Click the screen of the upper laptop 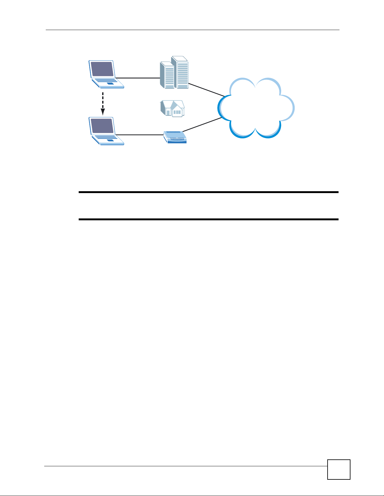[102, 69]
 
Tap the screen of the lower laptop [102, 125]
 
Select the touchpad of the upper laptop [110, 84]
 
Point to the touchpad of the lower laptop [110, 140]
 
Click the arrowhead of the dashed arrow [102, 112]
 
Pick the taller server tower [181, 72]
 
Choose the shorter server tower [167, 75]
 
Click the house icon [172, 109]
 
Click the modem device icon [175, 137]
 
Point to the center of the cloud [255, 108]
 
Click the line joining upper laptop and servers [138, 78]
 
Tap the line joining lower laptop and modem [139, 135]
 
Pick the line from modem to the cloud [202, 125]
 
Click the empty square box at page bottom [339, 469]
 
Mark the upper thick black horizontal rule [208, 192]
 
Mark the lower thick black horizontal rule [208, 219]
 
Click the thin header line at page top [192, 30]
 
